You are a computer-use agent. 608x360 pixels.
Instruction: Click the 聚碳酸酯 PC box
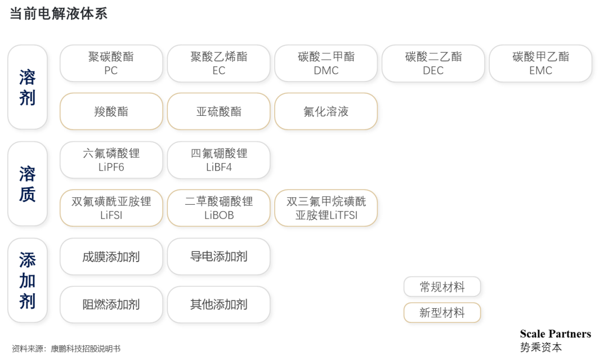click(111, 64)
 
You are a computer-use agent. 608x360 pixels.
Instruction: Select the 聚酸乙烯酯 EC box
click(219, 64)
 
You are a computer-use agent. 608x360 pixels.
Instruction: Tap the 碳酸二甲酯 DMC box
click(327, 64)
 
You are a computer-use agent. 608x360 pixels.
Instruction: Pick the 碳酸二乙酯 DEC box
click(433, 64)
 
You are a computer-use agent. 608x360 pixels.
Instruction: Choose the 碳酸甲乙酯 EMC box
click(541, 64)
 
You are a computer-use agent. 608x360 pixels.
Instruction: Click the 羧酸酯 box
click(111, 111)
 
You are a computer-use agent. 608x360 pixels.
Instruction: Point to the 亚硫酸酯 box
click(219, 111)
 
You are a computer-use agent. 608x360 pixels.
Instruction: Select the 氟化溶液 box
click(327, 111)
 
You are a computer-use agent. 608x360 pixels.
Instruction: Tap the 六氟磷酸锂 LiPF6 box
click(111, 160)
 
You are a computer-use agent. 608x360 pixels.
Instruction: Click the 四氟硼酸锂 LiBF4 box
click(219, 160)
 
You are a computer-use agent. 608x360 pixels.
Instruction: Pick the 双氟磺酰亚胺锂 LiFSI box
click(111, 208)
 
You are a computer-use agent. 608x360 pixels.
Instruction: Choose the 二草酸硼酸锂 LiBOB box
click(219, 208)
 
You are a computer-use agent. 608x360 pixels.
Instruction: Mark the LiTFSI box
click(327, 208)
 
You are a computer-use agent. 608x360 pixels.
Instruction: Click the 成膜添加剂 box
click(111, 257)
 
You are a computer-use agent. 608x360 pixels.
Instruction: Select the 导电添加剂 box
click(219, 257)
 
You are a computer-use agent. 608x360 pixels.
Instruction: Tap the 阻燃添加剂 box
click(111, 305)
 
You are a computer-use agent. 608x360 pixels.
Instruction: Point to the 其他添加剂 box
click(219, 305)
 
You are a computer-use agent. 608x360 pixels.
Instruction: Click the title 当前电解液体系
click(59, 14)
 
